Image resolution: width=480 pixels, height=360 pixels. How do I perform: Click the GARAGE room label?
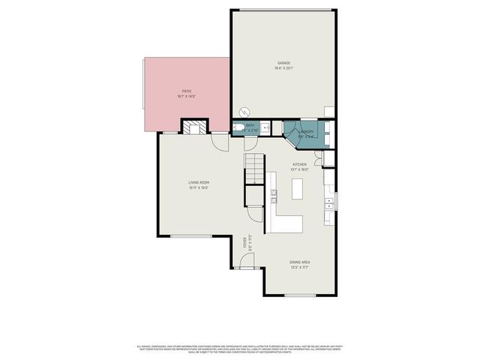pos(283,62)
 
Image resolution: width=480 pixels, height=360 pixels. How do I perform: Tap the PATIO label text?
pos(186,91)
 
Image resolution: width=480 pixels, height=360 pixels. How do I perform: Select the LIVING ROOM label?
pos(198,182)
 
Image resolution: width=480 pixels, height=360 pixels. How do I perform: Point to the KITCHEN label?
pos(299,163)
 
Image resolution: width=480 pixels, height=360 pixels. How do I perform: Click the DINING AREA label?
pos(300,262)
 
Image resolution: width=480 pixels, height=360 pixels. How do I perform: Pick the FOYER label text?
pos(244,242)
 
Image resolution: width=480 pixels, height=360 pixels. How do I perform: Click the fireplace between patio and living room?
pos(194,127)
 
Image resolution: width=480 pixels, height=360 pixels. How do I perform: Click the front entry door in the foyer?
pos(245,262)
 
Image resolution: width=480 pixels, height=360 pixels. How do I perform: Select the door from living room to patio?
pos(220,140)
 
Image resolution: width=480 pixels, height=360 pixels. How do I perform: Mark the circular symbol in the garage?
pos(241,109)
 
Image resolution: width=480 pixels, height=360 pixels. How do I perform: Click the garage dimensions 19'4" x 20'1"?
pos(283,68)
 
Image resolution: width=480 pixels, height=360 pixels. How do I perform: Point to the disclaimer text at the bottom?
pos(240,348)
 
